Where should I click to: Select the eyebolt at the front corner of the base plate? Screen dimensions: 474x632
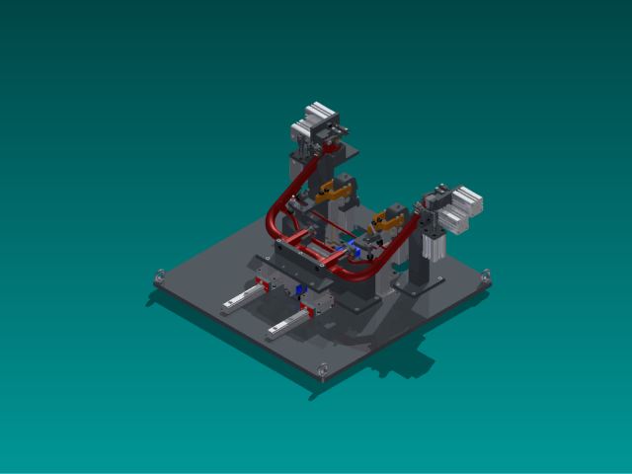tap(324, 370)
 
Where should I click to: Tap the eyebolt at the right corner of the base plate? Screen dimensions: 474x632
tap(484, 278)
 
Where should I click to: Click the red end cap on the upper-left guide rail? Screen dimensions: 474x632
tap(263, 284)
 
